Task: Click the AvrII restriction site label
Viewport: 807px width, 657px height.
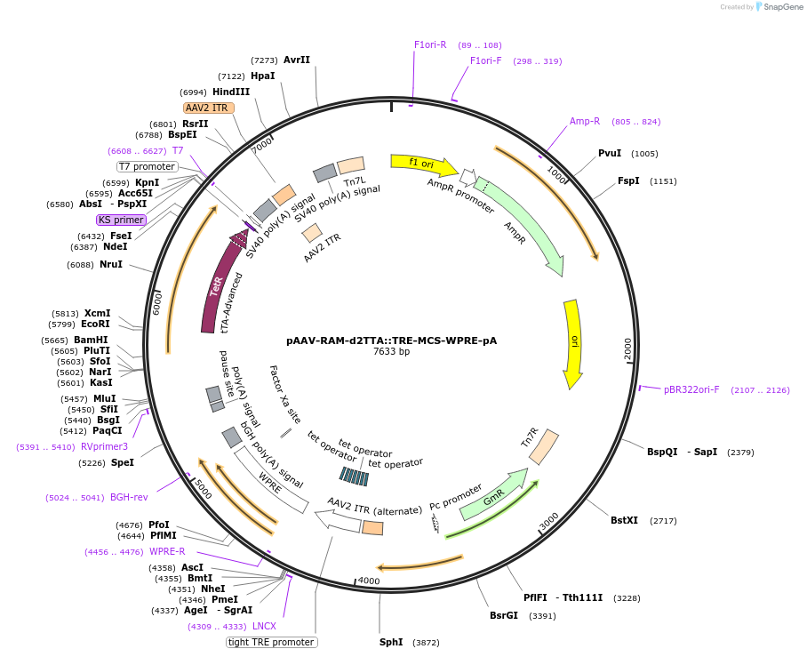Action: [297, 60]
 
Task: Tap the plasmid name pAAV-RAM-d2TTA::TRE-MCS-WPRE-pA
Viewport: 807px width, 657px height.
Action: [392, 340]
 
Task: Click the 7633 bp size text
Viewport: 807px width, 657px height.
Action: [392, 352]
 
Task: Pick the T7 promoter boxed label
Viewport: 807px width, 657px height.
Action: [148, 166]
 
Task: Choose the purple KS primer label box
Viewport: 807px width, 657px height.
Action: [122, 220]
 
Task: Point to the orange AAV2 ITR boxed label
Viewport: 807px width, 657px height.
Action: [209, 108]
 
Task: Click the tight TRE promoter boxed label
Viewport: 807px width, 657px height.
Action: [272, 642]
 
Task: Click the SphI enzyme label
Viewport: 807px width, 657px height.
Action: [391, 642]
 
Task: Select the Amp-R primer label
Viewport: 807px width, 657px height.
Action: [585, 121]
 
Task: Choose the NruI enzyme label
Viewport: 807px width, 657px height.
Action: [111, 264]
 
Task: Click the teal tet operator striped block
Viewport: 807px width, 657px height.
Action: [354, 477]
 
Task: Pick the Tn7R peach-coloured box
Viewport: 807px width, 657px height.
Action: [543, 447]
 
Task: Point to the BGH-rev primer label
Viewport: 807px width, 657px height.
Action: [129, 497]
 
